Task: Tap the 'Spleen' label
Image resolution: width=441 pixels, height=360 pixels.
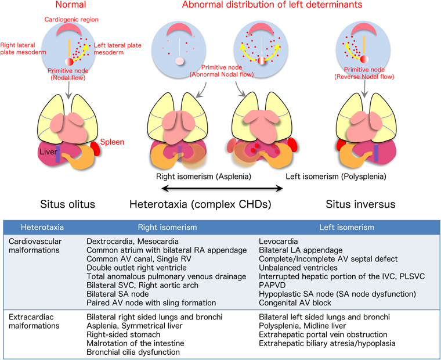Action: (x=113, y=142)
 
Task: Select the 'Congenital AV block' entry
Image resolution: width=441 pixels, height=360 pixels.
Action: (x=296, y=303)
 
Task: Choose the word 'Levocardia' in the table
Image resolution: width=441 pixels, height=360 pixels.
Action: (x=279, y=241)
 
